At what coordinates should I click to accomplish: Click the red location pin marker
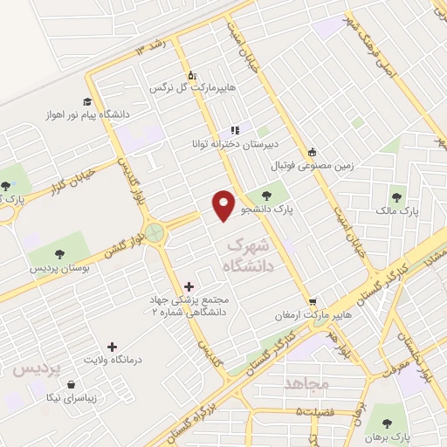tap(224, 203)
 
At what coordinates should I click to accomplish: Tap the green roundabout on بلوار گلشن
tap(155, 232)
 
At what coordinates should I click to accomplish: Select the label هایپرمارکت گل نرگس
tap(182, 88)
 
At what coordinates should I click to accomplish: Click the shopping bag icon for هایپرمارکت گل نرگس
tap(192, 74)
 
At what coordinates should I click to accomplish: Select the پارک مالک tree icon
tap(397, 196)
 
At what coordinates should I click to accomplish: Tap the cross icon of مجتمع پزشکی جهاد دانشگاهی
tap(189, 285)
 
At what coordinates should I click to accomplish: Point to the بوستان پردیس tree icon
tap(59, 254)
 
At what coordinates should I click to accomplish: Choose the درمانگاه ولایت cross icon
tap(110, 347)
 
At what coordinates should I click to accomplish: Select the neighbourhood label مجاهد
tap(305, 383)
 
